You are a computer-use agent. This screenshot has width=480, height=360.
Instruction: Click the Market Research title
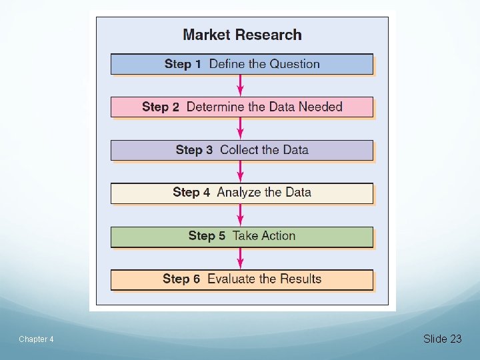(242, 35)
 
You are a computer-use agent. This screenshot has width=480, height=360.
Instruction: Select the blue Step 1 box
(242, 64)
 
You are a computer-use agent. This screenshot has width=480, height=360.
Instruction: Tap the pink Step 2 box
(242, 107)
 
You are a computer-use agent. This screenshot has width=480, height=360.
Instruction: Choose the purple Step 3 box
(242, 150)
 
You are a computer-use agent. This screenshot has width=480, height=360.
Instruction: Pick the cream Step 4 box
(242, 193)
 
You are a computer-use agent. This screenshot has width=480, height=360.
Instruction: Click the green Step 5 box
(242, 236)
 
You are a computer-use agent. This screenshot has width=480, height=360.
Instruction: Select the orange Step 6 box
(242, 279)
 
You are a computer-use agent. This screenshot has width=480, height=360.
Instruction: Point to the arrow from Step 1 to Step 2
(241, 85)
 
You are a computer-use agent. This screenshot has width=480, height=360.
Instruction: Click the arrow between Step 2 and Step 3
(241, 129)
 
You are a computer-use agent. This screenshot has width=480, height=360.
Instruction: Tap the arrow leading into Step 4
(241, 171)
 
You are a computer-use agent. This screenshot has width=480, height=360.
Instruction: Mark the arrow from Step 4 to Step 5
(241, 215)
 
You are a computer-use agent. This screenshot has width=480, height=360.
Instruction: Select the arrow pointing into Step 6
(241, 257)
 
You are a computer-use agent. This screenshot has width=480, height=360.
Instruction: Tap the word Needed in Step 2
(320, 107)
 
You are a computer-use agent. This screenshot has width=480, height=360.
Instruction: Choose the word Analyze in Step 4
(238, 193)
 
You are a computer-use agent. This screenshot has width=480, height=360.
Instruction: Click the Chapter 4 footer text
(36, 339)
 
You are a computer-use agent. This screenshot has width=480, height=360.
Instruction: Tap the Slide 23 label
(442, 339)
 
